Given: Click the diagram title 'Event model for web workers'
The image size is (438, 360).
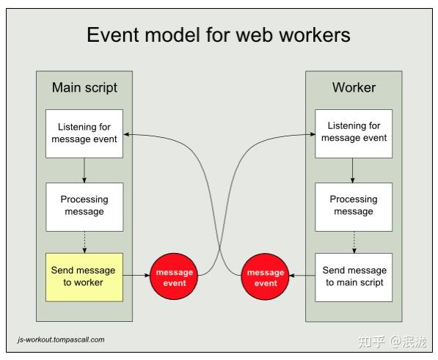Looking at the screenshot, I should click(219, 34).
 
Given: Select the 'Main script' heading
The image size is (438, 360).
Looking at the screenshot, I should click(84, 88).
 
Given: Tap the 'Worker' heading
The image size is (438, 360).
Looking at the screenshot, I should click(354, 88).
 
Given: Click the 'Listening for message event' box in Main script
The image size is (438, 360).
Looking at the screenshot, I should click(84, 133).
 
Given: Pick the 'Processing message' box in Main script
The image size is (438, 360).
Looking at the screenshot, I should click(84, 205).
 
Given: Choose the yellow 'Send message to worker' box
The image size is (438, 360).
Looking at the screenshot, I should click(84, 276).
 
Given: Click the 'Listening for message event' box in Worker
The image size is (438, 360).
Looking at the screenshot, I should click(354, 133).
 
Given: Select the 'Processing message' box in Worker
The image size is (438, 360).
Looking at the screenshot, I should click(354, 205).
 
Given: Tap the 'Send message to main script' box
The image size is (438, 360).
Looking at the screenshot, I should click(354, 276).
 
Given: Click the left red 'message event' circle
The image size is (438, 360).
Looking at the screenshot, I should click(175, 277).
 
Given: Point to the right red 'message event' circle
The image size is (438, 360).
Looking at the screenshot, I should click(266, 277).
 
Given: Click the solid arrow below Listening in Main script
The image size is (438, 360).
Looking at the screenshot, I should click(84, 170).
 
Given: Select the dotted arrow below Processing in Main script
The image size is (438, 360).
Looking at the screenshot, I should click(84, 240).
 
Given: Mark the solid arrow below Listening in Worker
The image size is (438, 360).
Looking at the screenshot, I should click(354, 170).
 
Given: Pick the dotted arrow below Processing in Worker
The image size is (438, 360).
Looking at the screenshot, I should click(354, 240).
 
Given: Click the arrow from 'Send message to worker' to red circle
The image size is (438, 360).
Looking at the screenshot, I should click(136, 277).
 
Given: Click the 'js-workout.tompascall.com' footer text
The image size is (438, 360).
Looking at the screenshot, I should click(61, 339).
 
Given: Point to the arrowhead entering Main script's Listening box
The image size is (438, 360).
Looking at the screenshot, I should click(128, 134).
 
